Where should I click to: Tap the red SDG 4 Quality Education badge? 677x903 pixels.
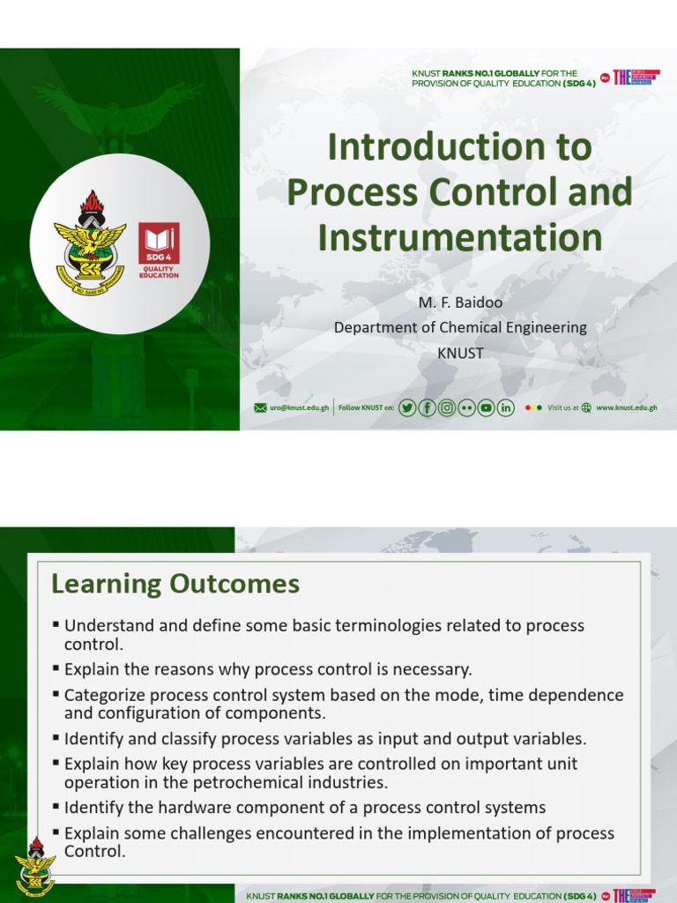[x=159, y=250]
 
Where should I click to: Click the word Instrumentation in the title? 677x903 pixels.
[x=459, y=237]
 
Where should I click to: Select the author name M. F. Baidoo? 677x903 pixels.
[x=459, y=302]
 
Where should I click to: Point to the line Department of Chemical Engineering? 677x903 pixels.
[x=459, y=327]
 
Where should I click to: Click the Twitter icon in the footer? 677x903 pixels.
[x=407, y=407]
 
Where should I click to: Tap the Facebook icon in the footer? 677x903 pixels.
[x=427, y=407]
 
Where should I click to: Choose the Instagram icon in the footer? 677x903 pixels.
[x=447, y=407]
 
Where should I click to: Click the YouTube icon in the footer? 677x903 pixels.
[x=486, y=407]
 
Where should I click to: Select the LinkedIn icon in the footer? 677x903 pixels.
[x=506, y=407]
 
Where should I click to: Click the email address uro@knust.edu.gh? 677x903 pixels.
[x=299, y=408]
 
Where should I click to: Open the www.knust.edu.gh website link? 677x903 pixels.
[x=627, y=408]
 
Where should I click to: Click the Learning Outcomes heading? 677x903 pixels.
[x=175, y=584]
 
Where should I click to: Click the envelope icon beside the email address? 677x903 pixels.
[x=260, y=408]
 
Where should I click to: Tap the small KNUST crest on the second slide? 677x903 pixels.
[x=35, y=866]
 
